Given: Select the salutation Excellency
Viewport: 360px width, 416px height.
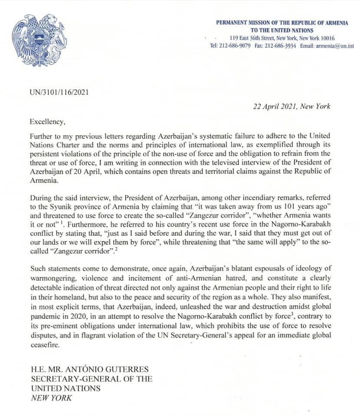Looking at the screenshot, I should (47, 122).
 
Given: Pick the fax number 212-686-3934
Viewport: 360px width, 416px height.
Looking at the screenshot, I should (281, 46).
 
